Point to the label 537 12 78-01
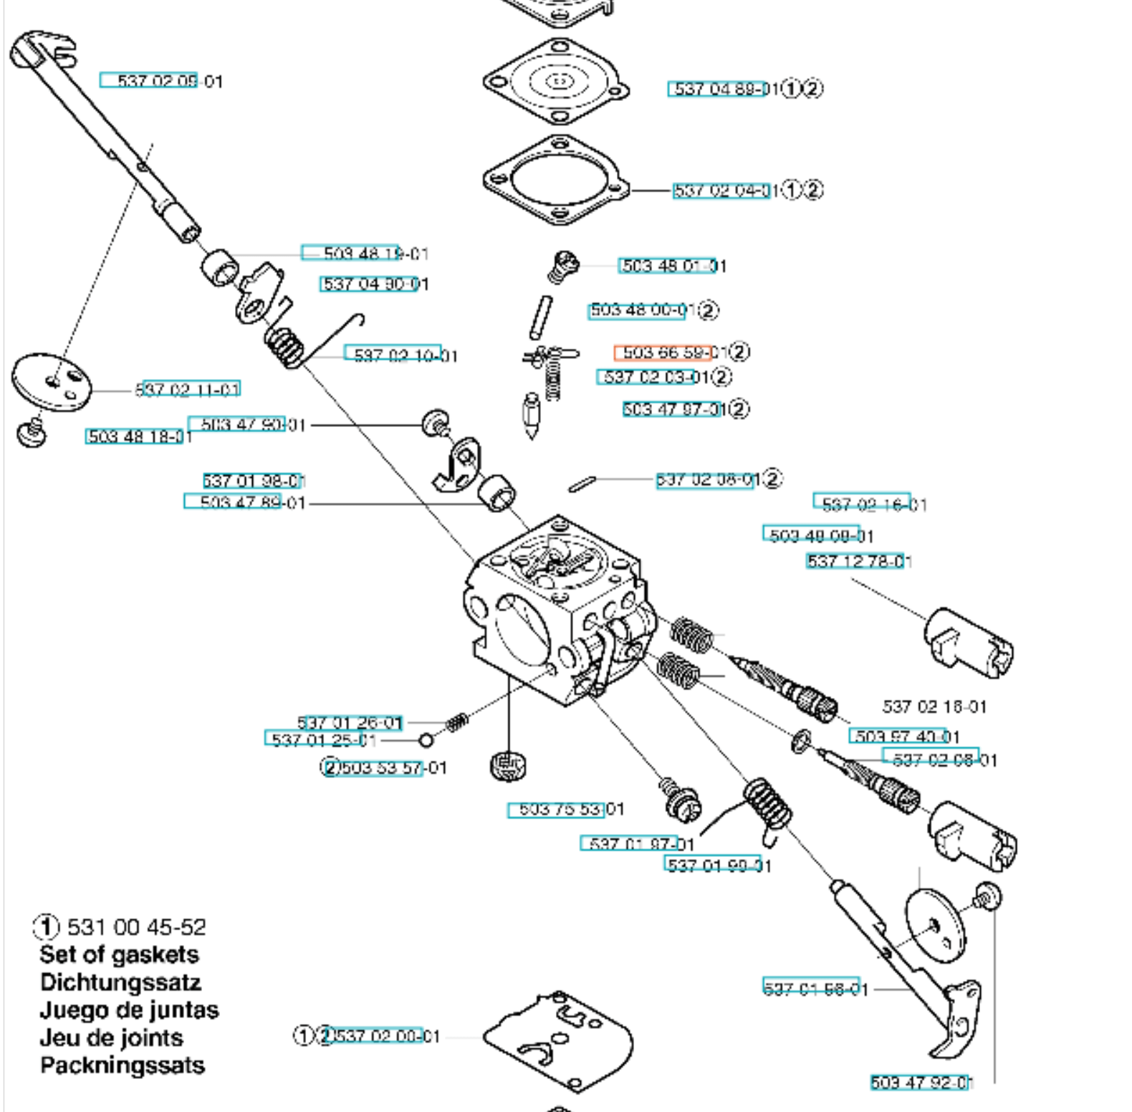coord(858,561)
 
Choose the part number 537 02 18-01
coord(934,706)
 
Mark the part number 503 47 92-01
coord(921,1082)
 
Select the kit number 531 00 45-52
coord(136,927)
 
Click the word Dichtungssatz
coord(120,982)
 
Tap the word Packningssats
coord(123,1065)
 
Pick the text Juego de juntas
coord(129,1010)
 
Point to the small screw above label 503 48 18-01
coord(31,433)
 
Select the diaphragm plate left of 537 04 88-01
coord(557,82)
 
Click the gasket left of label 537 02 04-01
coord(557,179)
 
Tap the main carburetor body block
coord(552,609)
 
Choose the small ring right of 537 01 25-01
coord(426,740)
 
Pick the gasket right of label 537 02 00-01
coord(559,1039)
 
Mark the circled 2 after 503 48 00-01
coord(707,310)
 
